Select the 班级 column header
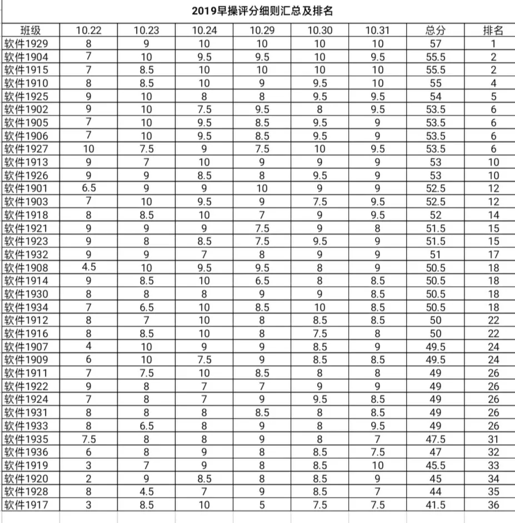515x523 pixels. tap(31, 30)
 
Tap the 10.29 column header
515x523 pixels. tap(261, 30)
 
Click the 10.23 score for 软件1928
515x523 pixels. tap(146, 492)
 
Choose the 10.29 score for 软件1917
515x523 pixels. tap(261, 505)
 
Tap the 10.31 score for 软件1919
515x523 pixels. tap(378, 465)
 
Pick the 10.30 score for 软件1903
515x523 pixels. tap(320, 202)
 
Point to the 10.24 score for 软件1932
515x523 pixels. tap(204, 254)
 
